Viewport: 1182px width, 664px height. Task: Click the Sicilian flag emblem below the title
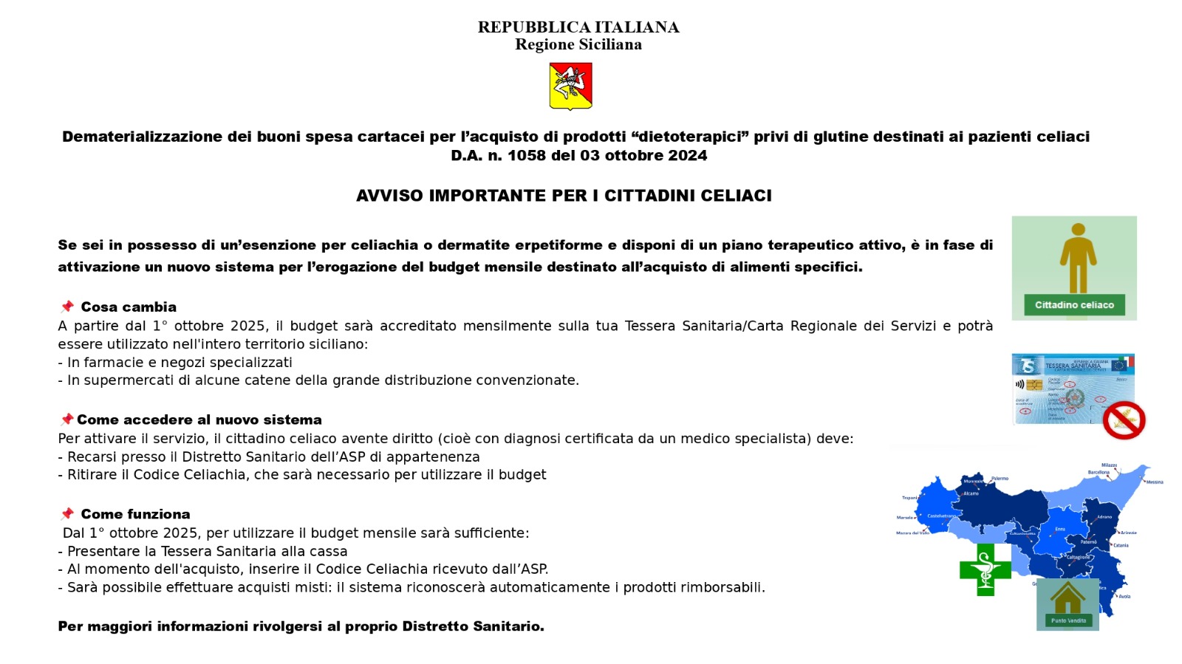point(570,86)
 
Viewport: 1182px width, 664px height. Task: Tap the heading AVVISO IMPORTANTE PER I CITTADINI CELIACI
point(564,196)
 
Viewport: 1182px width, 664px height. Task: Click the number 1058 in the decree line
point(525,156)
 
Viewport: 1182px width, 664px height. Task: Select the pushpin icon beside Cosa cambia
point(67,307)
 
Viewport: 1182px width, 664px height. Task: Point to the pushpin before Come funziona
point(67,513)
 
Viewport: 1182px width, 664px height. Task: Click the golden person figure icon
point(1078,258)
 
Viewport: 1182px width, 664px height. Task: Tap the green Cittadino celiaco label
point(1074,305)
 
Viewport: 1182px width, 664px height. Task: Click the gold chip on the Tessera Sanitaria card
point(1034,385)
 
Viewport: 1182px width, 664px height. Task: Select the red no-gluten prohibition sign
point(1124,420)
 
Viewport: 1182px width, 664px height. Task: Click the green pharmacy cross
point(985,569)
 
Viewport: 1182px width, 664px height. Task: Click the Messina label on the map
point(1154,482)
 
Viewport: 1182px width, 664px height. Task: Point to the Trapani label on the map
point(909,498)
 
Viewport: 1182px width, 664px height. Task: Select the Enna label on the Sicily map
point(1060,529)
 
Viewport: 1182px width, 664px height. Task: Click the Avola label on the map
point(1124,596)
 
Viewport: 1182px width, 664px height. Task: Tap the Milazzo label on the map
point(1109,465)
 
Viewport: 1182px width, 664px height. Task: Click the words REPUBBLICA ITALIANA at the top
point(578,27)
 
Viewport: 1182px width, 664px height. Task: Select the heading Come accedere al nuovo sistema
point(199,420)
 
